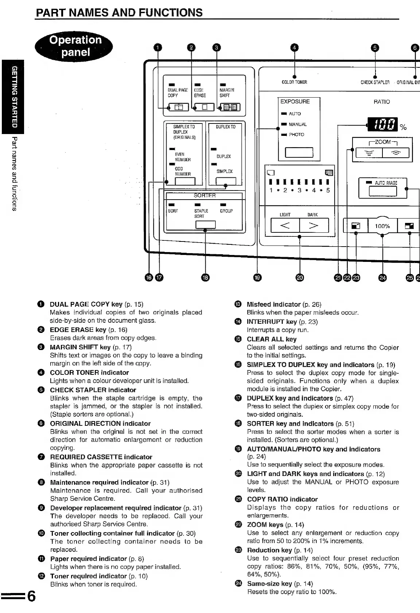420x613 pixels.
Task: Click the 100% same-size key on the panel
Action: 382,226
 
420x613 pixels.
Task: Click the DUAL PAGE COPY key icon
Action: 179,107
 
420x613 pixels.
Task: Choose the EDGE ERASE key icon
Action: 204,107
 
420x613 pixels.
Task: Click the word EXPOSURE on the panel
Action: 295,102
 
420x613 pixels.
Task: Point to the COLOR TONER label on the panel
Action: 294,82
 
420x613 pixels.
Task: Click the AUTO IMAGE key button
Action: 382,191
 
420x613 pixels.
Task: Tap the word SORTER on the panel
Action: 205,196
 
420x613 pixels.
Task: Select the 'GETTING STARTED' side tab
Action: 12,96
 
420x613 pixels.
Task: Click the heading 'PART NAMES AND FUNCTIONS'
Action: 119,13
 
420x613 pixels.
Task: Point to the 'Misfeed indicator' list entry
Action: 273,304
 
